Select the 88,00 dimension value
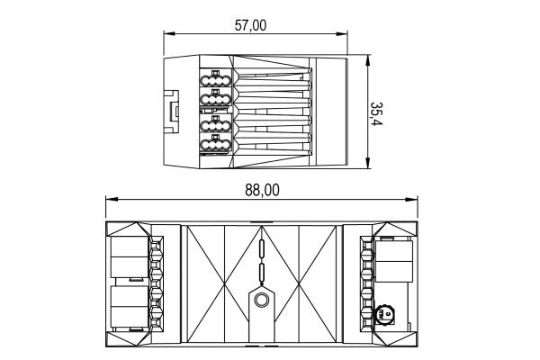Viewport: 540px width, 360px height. point(261,189)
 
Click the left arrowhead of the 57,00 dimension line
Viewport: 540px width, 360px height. point(167,36)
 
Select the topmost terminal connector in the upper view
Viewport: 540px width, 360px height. point(216,81)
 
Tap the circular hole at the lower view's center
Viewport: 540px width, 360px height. point(261,301)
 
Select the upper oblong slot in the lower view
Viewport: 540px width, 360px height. point(261,248)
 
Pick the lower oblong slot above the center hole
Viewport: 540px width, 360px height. point(261,273)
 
